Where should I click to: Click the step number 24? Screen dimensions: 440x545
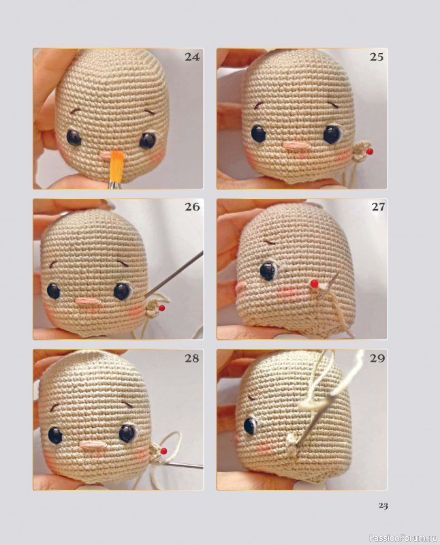(192, 57)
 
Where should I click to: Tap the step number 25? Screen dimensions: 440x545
(376, 57)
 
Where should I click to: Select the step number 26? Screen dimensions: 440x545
(192, 207)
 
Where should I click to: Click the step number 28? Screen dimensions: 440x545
(191, 358)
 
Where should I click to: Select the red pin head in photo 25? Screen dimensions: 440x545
(371, 151)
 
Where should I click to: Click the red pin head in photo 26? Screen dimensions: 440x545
(161, 308)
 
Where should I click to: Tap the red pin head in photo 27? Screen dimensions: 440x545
(314, 284)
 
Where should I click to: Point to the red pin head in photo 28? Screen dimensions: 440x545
(162, 451)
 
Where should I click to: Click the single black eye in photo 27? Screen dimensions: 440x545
(268, 271)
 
